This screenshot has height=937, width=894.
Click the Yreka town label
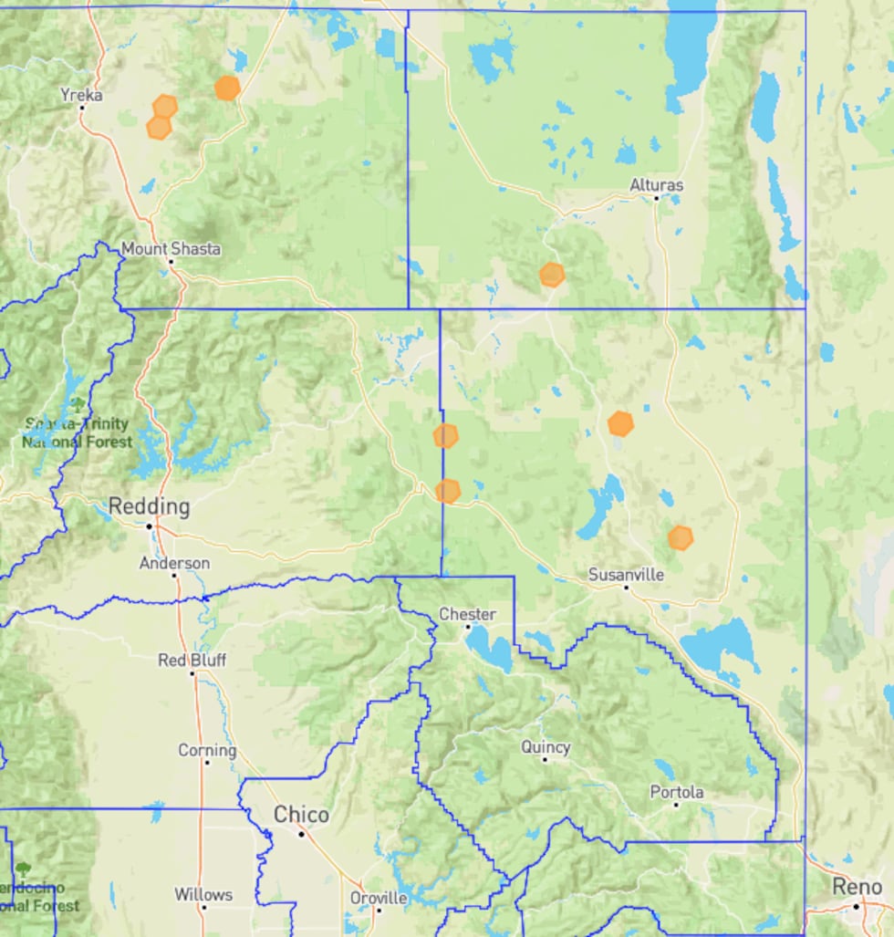[x=80, y=94]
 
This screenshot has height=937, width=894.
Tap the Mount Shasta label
[x=171, y=248]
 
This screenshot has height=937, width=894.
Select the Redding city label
[x=150, y=506]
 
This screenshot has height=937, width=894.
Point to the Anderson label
[x=174, y=563]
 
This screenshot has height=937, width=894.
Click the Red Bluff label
[x=192, y=660]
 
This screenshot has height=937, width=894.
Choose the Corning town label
[x=207, y=750]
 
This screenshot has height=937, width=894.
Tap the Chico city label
[x=302, y=814]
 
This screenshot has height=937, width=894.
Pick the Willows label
[x=203, y=894]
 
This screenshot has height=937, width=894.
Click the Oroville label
[x=379, y=897]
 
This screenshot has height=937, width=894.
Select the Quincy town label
[x=546, y=747]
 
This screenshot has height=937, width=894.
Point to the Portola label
[x=676, y=792]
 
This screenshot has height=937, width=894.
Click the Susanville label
[x=626, y=575]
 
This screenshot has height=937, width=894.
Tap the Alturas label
[x=656, y=185]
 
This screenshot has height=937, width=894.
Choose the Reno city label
[x=857, y=886]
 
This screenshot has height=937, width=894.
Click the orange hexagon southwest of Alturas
[x=552, y=275]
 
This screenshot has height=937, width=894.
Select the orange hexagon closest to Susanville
[x=680, y=537]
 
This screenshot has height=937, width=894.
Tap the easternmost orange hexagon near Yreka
[x=227, y=88]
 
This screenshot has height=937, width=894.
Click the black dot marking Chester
[x=468, y=627]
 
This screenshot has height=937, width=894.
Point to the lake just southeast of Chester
[x=490, y=649]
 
